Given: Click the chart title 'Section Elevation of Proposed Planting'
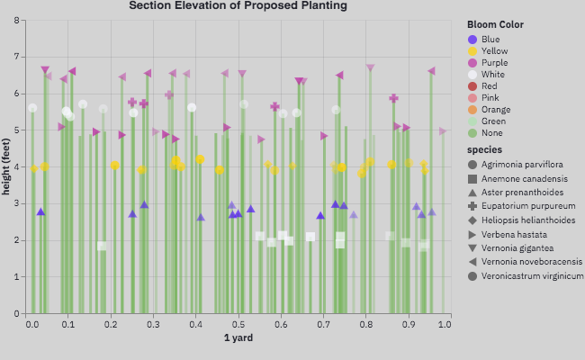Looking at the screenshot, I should click(x=238, y=5).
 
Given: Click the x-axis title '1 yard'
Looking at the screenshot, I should click(x=238, y=338).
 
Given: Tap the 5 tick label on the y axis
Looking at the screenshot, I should click(x=17, y=130).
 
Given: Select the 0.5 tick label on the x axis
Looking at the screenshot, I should click(x=238, y=323).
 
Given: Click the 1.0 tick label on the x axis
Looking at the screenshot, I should click(x=444, y=323).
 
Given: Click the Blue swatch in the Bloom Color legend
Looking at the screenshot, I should click(x=473, y=39).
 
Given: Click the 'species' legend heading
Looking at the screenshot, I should click(x=485, y=149).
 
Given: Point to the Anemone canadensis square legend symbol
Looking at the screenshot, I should click(x=473, y=178).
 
